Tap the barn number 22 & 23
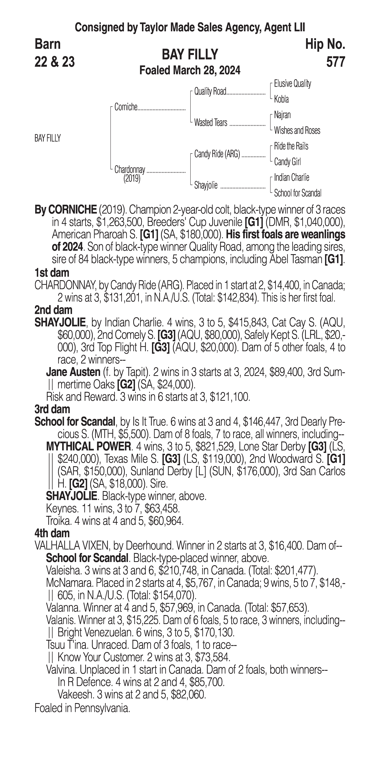[x=55, y=62]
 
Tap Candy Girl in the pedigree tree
[x=287, y=162]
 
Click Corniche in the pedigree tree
[x=126, y=107]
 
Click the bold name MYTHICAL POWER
[x=88, y=447]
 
